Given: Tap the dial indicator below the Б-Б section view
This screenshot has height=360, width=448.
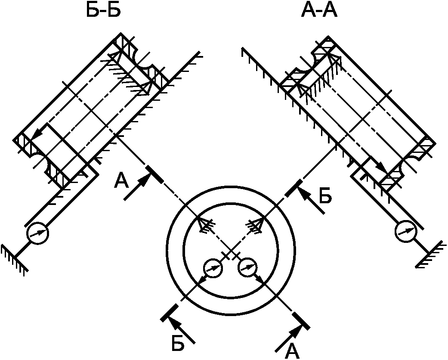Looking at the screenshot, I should pyautogui.click(x=37, y=233).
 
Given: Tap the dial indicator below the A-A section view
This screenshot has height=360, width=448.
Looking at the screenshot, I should pyautogui.click(x=406, y=231).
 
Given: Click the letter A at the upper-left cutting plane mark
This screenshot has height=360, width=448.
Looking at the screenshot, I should pyautogui.click(x=122, y=182).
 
